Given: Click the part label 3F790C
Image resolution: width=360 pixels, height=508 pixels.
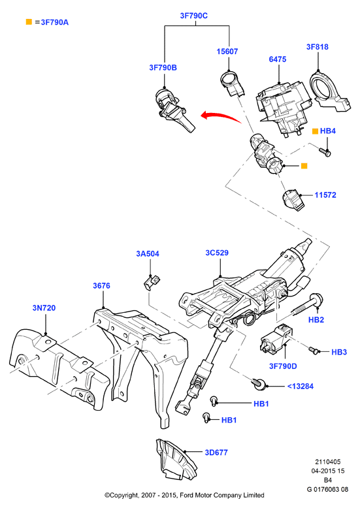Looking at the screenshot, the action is pos(193,16).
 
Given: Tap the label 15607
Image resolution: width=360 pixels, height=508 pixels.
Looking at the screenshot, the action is pos(227,51).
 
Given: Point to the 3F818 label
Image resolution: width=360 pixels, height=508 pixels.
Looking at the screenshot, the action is pos(317,46).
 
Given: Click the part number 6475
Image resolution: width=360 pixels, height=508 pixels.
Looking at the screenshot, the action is pos(277,59).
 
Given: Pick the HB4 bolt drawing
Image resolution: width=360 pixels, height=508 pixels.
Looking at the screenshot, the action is pos(325,151).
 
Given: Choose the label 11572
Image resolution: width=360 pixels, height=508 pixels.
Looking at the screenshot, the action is pos(325,195).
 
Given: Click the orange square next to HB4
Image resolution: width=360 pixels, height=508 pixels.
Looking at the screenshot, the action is pos(315,131).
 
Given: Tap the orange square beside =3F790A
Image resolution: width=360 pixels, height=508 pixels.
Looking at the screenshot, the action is pos(29,22).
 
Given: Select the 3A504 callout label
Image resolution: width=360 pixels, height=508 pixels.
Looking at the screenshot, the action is pos(148,254).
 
